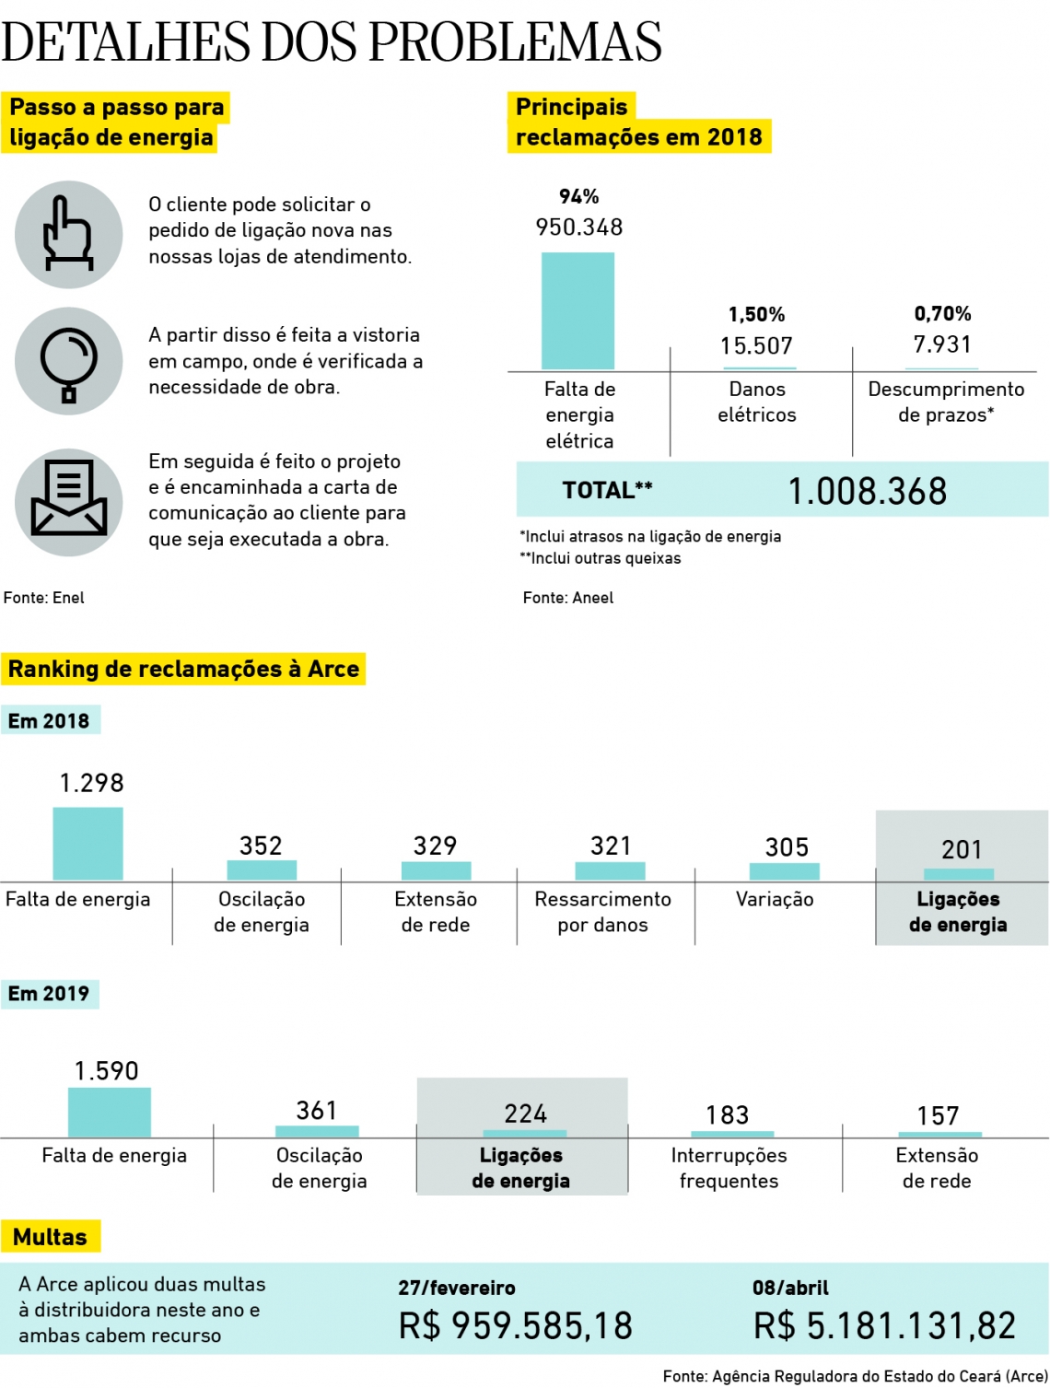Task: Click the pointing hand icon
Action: click(x=68, y=234)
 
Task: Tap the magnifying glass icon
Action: click(x=68, y=361)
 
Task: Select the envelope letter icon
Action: click(x=68, y=502)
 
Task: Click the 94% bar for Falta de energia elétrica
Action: click(x=577, y=310)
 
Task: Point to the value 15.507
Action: click(x=756, y=345)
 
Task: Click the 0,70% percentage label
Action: click(x=942, y=314)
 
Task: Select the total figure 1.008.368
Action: click(x=867, y=491)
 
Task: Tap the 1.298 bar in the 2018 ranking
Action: click(x=87, y=843)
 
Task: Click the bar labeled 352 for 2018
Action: click(x=262, y=869)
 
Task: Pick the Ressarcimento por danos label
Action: click(x=602, y=912)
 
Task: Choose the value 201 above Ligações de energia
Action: click(x=962, y=849)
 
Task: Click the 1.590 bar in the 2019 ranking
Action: click(x=109, y=1112)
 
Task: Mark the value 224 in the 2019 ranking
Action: click(x=525, y=1114)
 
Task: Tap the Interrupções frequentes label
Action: click(x=729, y=1168)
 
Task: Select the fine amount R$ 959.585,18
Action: click(x=515, y=1325)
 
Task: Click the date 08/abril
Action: click(x=790, y=1288)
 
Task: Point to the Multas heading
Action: click(x=50, y=1237)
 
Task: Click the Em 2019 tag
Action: click(x=49, y=994)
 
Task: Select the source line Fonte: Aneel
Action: click(x=567, y=598)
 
